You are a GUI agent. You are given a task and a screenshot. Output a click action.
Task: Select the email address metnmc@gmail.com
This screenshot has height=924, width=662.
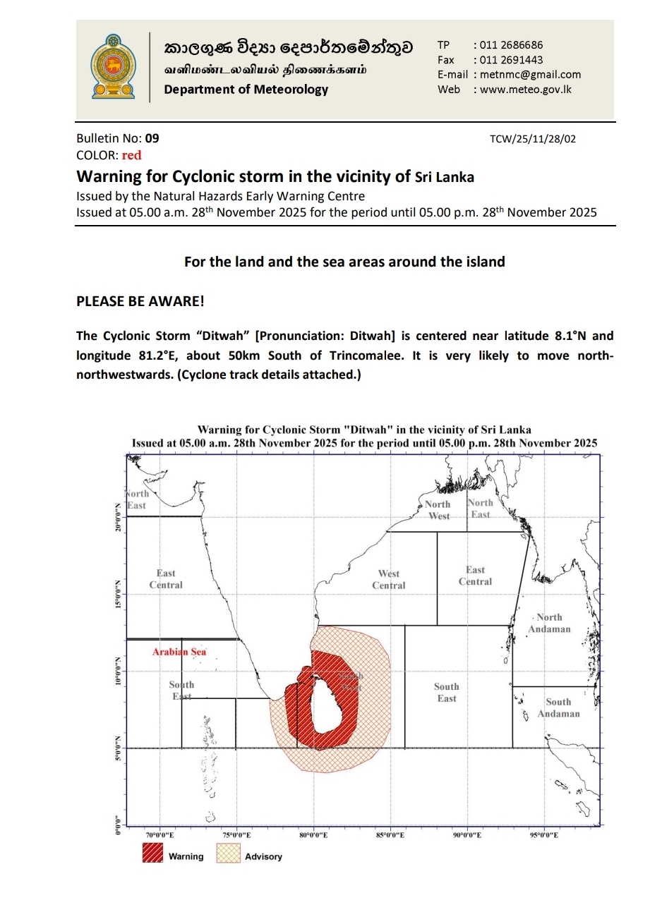click(530, 75)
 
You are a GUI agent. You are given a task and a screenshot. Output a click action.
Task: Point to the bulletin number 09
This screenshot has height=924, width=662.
click(152, 139)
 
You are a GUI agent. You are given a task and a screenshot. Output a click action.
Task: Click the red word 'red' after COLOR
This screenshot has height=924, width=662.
click(131, 156)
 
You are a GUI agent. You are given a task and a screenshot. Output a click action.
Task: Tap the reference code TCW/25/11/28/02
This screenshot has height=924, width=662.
click(532, 139)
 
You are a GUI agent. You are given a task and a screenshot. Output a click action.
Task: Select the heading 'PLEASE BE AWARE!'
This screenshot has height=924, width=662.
click(140, 301)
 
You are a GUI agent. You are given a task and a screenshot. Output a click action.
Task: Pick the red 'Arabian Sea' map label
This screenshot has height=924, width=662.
click(179, 652)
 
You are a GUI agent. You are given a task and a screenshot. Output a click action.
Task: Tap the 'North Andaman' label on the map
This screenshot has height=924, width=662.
click(549, 623)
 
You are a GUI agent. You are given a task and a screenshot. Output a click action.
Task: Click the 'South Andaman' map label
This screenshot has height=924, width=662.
click(558, 707)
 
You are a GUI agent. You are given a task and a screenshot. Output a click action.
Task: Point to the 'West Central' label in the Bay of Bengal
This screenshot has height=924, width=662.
click(389, 579)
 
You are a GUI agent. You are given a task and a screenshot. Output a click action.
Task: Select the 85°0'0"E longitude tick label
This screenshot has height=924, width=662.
click(390, 835)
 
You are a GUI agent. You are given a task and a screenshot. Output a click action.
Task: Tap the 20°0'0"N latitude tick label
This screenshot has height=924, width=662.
click(118, 518)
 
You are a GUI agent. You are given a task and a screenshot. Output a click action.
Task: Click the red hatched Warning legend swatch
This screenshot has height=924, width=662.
click(152, 853)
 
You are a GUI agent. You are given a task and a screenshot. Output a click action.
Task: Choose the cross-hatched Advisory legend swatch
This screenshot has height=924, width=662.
click(228, 853)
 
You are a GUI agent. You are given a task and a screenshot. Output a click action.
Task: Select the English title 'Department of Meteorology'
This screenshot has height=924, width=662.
click(246, 90)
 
